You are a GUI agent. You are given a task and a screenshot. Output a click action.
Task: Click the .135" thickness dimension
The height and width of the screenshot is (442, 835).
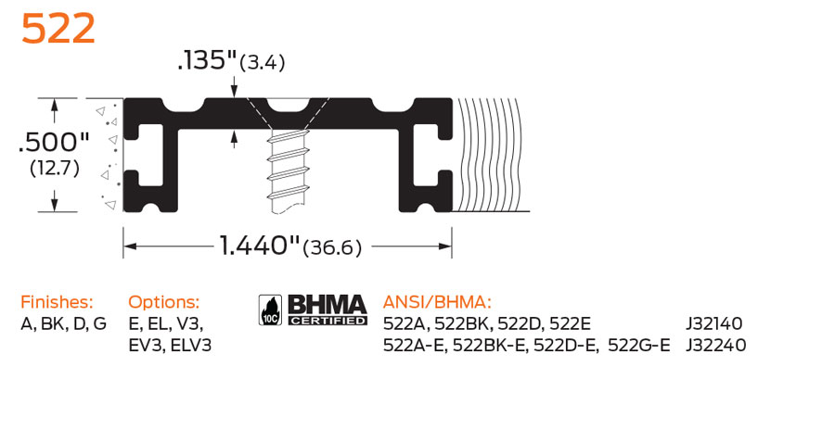click(x=207, y=61)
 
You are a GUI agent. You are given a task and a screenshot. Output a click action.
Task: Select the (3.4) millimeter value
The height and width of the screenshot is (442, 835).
click(x=262, y=63)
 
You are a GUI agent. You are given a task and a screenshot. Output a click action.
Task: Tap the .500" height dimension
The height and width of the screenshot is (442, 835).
click(x=54, y=144)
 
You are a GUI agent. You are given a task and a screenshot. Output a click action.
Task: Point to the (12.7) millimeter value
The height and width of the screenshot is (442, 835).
click(x=54, y=169)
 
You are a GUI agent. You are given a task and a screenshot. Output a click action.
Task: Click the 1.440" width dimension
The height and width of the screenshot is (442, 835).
click(x=260, y=246)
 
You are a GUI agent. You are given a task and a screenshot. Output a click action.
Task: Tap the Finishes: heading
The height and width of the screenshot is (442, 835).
click(x=57, y=302)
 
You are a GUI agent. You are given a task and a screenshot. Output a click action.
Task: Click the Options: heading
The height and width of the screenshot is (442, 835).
click(x=163, y=302)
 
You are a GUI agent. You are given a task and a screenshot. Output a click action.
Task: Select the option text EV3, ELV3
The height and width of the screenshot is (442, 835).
click(x=170, y=346)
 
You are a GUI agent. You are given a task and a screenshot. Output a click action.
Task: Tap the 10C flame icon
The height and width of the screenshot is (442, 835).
click(x=271, y=310)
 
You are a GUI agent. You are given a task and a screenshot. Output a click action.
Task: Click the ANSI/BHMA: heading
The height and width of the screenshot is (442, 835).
click(x=436, y=302)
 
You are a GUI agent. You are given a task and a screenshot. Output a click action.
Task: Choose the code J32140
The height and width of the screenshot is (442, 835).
click(x=714, y=323)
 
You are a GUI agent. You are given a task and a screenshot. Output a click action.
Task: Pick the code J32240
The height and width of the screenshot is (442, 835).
click(x=714, y=346)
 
